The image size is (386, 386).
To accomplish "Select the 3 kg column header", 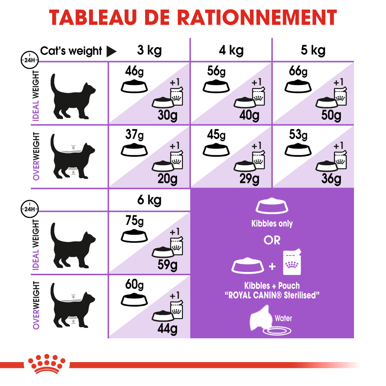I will (149, 50).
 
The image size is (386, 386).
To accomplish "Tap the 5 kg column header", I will (313, 50).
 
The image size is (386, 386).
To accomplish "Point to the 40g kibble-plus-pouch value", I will (249, 116).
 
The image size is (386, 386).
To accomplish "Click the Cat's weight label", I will (71, 51).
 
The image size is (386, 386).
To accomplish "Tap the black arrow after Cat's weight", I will (111, 52).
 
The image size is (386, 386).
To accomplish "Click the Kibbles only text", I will (272, 223).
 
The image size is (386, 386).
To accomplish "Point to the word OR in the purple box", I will (272, 240).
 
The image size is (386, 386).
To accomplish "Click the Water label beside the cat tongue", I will (283, 318).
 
